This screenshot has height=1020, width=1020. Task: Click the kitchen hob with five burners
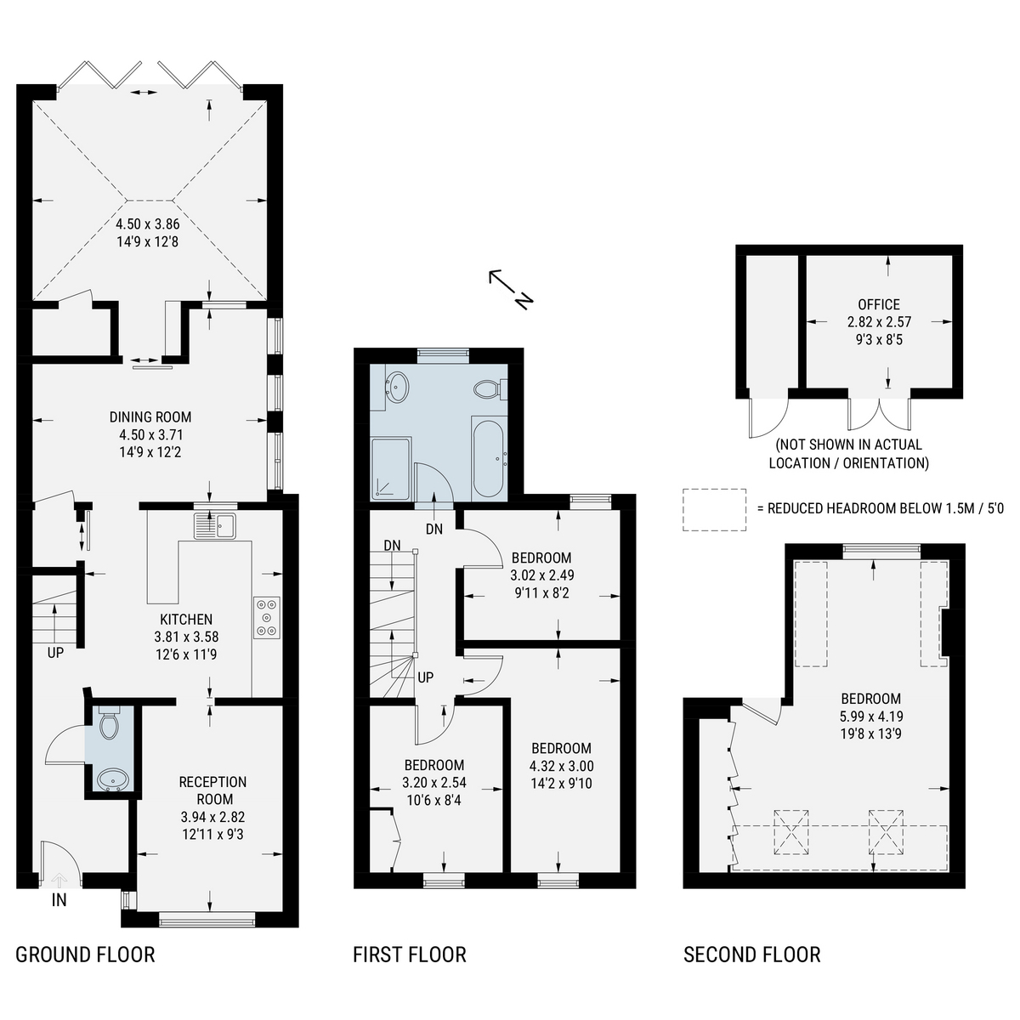[x=267, y=617]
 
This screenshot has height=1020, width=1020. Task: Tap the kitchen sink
[x=215, y=525]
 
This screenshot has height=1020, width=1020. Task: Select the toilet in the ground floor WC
[x=110, y=722]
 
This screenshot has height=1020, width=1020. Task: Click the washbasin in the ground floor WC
[x=110, y=779]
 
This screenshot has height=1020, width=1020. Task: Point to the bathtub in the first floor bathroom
[x=490, y=459]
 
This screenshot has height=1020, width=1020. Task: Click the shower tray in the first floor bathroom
[x=391, y=467]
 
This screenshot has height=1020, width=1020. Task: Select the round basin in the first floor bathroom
[x=397, y=386]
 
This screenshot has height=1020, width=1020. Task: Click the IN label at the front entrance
[x=59, y=899]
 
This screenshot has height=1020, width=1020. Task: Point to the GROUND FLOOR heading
[x=85, y=955]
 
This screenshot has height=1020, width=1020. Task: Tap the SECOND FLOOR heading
[x=751, y=955]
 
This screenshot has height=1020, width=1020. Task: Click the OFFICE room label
[x=879, y=304]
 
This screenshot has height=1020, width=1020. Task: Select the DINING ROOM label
[x=150, y=417]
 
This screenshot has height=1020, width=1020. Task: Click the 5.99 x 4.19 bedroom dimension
[x=871, y=717]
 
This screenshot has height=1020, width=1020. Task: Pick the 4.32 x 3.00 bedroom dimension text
[x=562, y=766]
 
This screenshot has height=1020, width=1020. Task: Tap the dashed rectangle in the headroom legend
[x=714, y=510]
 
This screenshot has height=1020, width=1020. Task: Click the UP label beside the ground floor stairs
[x=55, y=653]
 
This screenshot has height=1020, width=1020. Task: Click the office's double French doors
[x=879, y=414]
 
